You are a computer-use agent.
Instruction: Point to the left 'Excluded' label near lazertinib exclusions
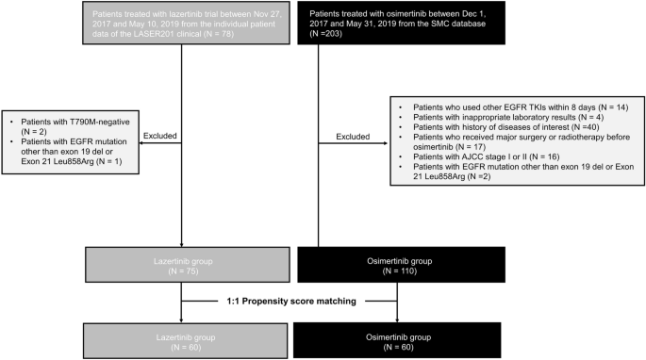[159, 136]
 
